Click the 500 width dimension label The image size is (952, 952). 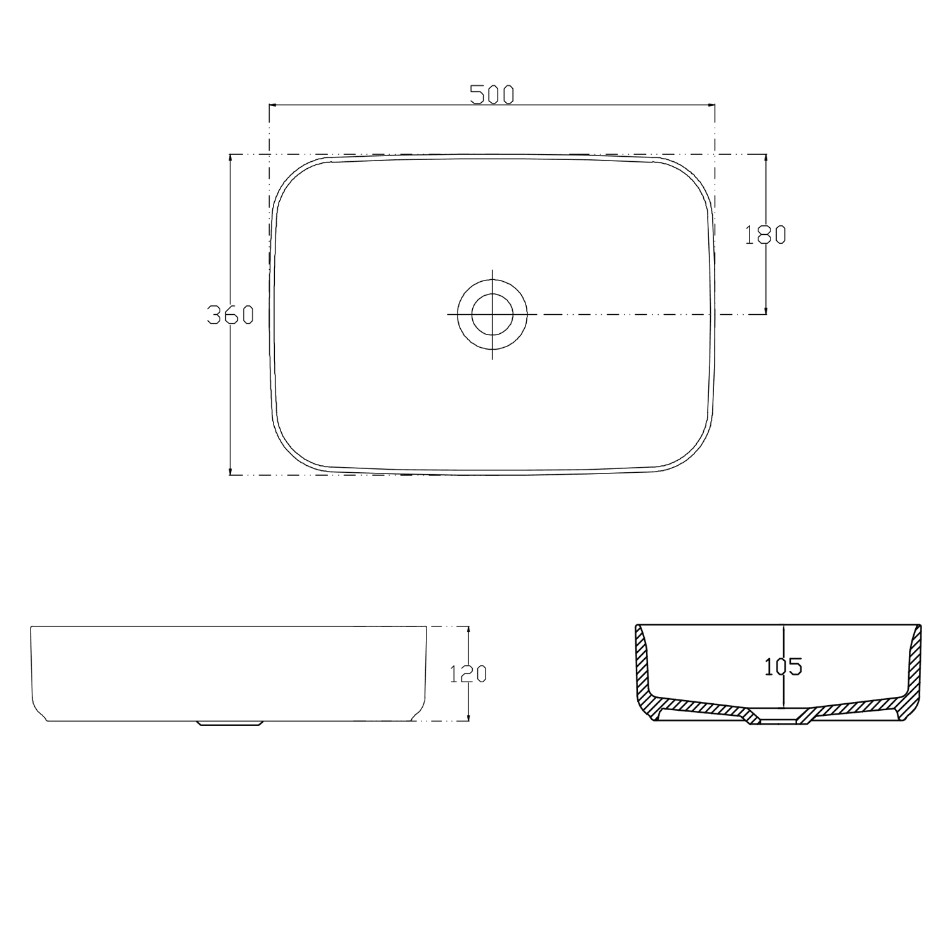pyautogui.click(x=491, y=95)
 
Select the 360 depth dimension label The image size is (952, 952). pyautogui.click(x=230, y=315)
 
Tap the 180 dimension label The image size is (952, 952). pyautogui.click(x=765, y=235)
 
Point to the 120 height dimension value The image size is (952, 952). pyautogui.click(x=468, y=673)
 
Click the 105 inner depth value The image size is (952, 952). pyautogui.click(x=783, y=666)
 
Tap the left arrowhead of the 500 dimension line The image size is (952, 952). pyautogui.click(x=273, y=104)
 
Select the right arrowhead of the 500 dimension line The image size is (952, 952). pyautogui.click(x=711, y=104)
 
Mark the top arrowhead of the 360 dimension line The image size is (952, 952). pyautogui.click(x=230, y=158)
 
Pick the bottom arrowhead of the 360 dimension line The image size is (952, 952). pyautogui.click(x=230, y=471)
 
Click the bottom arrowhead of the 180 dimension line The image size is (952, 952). pyautogui.click(x=766, y=310)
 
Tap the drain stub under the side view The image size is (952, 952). pyautogui.click(x=230, y=724)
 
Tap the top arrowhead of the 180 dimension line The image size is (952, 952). pyautogui.click(x=766, y=159)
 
